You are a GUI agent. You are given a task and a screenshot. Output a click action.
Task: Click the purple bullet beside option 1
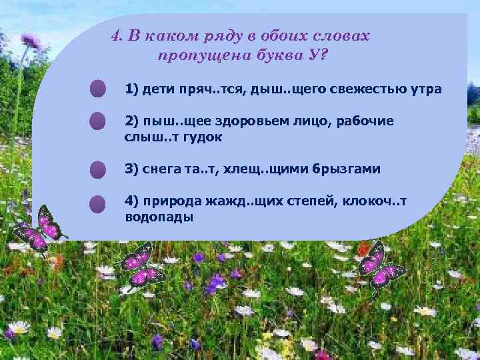tap(98, 89)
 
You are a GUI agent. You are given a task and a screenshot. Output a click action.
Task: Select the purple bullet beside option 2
tap(98, 121)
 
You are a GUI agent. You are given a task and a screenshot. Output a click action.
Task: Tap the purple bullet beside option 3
tap(98, 169)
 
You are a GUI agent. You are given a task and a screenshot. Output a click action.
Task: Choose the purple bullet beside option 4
tap(98, 203)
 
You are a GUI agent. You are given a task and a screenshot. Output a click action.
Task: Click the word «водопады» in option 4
tap(159, 217)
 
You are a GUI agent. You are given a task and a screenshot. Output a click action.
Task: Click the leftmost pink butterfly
tap(39, 228)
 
